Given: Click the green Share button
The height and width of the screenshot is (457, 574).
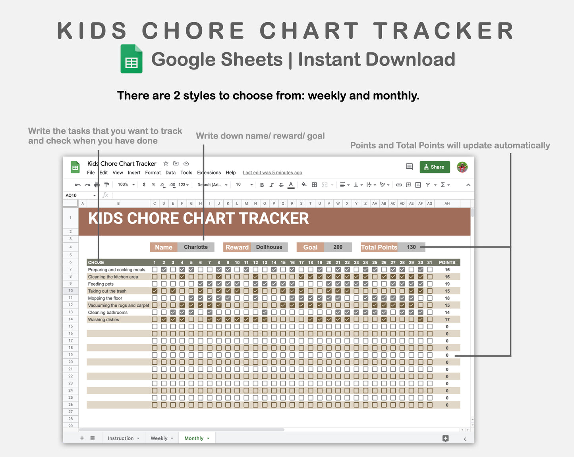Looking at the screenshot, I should pyautogui.click(x=435, y=167).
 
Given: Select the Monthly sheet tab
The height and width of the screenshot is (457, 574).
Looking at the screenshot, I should pyautogui.click(x=194, y=438).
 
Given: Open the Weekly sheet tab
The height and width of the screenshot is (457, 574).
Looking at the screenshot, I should pyautogui.click(x=159, y=438).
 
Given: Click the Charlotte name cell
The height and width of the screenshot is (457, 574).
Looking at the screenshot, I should pyautogui.click(x=195, y=247).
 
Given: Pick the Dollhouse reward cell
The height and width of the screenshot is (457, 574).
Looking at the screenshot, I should pyautogui.click(x=269, y=247).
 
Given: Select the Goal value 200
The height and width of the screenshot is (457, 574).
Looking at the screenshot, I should pyautogui.click(x=338, y=247).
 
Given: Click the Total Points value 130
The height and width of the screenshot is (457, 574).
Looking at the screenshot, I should pyautogui.click(x=411, y=247).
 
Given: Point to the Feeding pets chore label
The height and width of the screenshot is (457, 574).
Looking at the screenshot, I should pyautogui.click(x=101, y=284).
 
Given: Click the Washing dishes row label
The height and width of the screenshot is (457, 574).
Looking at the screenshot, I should pyautogui.click(x=103, y=320).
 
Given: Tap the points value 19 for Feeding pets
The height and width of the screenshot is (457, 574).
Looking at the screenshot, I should pyautogui.click(x=447, y=284).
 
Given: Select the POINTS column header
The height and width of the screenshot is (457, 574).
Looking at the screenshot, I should pyautogui.click(x=447, y=263).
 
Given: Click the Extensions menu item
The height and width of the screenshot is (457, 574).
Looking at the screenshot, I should pyautogui.click(x=209, y=173).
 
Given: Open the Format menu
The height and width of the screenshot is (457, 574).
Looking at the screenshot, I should pyautogui.click(x=153, y=173).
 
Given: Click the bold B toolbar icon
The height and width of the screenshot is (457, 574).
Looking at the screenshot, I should pyautogui.click(x=262, y=185).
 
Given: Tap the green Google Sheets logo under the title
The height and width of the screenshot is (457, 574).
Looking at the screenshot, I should pyautogui.click(x=131, y=59).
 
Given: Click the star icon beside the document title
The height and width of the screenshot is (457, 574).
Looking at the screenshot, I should pyautogui.click(x=166, y=163).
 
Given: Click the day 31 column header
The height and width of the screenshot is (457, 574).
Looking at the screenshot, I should pyautogui.click(x=429, y=263).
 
